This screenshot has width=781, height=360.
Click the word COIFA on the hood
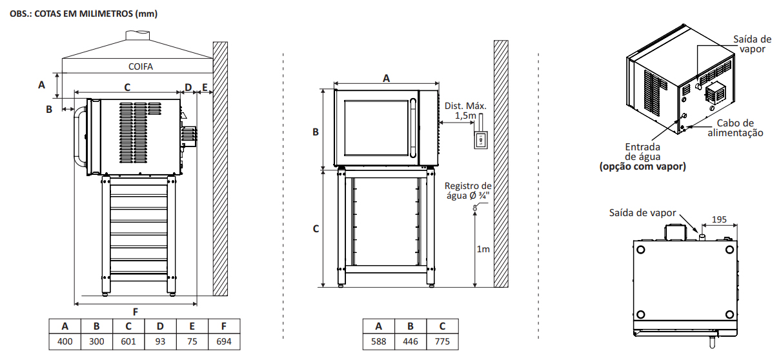point(141,66)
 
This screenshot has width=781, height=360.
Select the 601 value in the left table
point(128,341)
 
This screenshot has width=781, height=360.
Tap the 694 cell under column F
point(224,341)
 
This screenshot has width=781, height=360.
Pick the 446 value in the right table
point(411,341)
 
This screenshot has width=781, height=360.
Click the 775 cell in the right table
point(442,341)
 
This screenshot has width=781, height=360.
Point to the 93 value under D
point(160,341)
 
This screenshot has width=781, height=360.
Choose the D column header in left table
point(160,326)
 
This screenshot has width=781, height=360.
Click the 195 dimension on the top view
point(719,219)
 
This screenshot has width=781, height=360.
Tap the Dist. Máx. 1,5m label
point(465,110)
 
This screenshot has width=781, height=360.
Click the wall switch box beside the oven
point(480,140)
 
